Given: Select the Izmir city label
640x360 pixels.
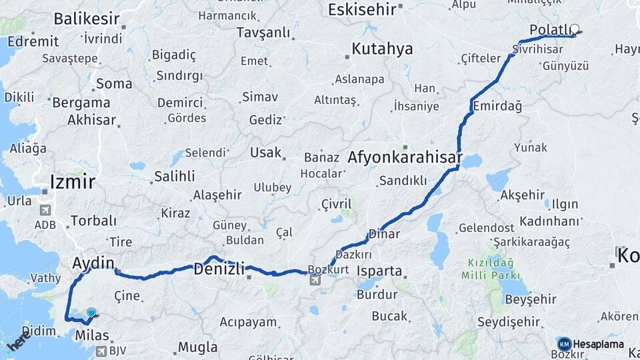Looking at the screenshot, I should pyautogui.click(x=73, y=181).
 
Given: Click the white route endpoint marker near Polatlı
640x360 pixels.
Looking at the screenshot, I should pyautogui.click(x=575, y=30).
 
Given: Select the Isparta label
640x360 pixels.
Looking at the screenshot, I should pyautogui.click(x=380, y=271).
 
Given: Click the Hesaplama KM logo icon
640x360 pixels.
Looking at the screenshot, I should pyautogui.click(x=564, y=344).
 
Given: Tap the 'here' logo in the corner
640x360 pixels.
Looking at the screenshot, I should pyautogui.click(x=18, y=342).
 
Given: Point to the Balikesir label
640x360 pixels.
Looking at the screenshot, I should pyautogui.click(x=87, y=19).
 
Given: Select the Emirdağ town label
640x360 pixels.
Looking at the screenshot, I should pyautogui.click(x=497, y=107).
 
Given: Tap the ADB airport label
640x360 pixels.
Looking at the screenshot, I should pyautogui.click(x=45, y=225).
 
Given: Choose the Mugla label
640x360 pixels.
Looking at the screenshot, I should pyautogui.click(x=197, y=347).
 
